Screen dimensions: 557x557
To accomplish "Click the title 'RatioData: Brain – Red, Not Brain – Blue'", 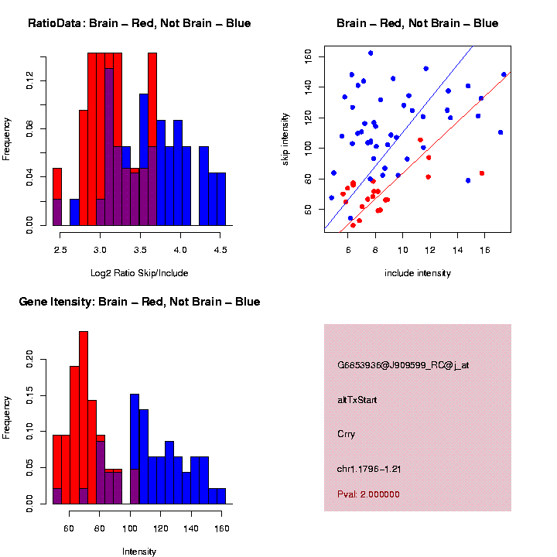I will pyautogui.click(x=139, y=23).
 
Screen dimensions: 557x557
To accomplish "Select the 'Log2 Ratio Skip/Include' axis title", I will pyautogui.click(x=139, y=272).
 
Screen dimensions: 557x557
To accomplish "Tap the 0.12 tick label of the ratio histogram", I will pyautogui.click(x=30, y=80).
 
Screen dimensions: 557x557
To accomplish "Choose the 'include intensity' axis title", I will pyautogui.click(x=418, y=272).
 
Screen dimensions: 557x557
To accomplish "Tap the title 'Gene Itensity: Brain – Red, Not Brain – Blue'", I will pyautogui.click(x=139, y=302).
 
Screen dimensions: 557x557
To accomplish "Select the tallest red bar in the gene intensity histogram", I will pyautogui.click(x=84, y=418).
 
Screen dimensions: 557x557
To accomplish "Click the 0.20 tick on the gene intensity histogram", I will pyautogui.click(x=30, y=358).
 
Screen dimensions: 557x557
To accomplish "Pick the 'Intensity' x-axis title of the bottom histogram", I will pyautogui.click(x=139, y=552).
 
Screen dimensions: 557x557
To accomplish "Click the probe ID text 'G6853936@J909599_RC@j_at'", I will pyautogui.click(x=403, y=365).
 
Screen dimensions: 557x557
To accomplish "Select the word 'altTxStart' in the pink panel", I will pyautogui.click(x=357, y=400).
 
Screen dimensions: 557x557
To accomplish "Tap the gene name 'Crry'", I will pyautogui.click(x=347, y=434).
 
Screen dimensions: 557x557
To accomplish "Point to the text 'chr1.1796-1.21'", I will pyautogui.click(x=369, y=469).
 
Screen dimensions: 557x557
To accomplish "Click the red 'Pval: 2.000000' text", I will pyautogui.click(x=369, y=494).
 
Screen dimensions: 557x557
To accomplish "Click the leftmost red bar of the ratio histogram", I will pyautogui.click(x=56, y=196).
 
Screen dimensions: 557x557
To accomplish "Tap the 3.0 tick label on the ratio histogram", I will pyautogui.click(x=100, y=249).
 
